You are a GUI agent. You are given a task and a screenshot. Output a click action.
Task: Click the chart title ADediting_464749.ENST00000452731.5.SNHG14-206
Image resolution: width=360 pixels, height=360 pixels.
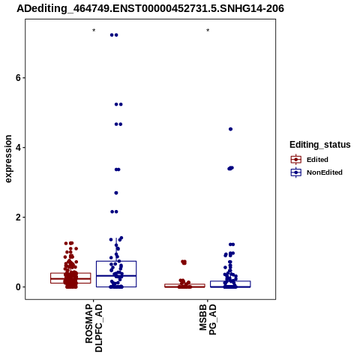150,9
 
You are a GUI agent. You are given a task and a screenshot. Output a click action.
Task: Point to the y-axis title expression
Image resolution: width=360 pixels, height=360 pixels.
8,159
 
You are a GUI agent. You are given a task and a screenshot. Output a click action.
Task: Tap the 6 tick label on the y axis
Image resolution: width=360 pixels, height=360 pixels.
18,78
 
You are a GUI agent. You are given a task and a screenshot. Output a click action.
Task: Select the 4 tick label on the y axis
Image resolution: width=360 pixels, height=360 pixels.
18,148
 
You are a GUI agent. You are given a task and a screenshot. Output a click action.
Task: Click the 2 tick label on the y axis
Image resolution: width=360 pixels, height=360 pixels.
18,217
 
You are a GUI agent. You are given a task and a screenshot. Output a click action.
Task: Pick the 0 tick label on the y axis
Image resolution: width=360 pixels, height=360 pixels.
18,287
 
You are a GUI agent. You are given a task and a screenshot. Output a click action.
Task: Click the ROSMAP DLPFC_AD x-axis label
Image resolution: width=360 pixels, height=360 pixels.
94,328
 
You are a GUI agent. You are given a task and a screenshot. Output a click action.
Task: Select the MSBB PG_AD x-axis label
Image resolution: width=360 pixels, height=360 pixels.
208,319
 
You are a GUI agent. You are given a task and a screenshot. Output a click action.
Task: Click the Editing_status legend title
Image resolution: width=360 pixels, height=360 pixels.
320,145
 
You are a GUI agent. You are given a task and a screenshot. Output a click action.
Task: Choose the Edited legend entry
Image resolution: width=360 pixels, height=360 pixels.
310,160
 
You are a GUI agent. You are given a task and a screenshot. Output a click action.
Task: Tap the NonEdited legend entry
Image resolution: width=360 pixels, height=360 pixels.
316,172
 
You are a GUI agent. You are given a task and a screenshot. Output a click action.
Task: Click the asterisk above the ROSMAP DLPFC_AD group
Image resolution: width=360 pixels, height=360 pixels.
94,31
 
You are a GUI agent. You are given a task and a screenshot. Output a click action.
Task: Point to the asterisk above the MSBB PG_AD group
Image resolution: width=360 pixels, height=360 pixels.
208,31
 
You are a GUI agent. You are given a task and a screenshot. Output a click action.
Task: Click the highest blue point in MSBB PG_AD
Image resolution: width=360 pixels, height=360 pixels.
230,129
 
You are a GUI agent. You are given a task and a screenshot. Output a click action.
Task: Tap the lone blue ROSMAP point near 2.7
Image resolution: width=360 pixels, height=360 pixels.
116,193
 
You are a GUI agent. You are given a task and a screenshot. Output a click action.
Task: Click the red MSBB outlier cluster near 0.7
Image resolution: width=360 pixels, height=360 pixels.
184,262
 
